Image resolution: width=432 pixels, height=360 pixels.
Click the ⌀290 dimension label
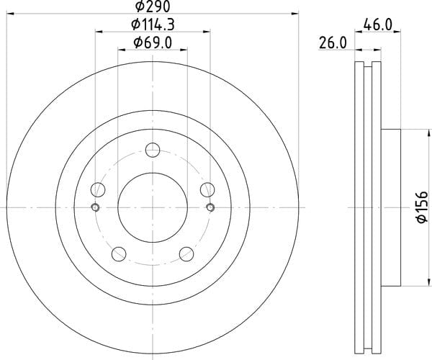(153, 6)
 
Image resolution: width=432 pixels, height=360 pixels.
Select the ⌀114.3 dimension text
(153, 24)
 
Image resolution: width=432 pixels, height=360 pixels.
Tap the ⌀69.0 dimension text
(153, 43)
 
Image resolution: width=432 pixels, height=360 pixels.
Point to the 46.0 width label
(377, 24)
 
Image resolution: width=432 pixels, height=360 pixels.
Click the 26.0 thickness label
(333, 43)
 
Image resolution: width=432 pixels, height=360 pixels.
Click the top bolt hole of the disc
(153, 150)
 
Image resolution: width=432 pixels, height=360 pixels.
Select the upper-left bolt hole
(98, 189)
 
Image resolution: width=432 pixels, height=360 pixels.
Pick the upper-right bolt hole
(207, 189)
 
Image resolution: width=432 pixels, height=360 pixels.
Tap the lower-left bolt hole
(119, 254)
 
